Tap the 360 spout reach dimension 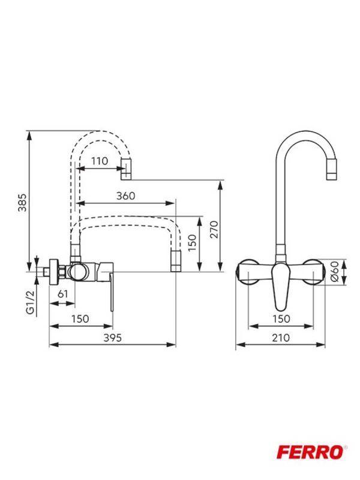tap(125, 196)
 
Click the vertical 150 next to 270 tap(192, 243)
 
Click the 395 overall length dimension tap(112, 337)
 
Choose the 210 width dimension tap(280, 337)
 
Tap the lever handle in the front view tap(281, 288)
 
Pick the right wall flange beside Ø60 tap(316, 272)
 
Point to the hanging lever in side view tap(111, 294)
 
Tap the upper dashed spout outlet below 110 tap(125, 173)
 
